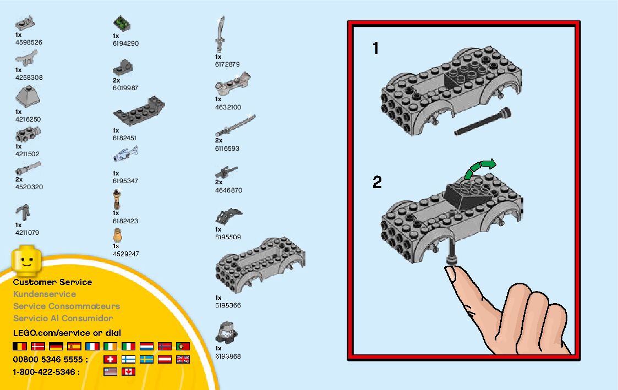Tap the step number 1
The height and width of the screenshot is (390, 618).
pos(376,49)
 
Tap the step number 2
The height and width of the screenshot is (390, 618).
pos(377,182)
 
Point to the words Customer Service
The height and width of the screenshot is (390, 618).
pos(52,282)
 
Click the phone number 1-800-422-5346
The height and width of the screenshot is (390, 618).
pos(46,372)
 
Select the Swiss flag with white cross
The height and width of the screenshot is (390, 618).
pos(110,359)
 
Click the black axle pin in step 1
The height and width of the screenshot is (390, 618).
pos(483,122)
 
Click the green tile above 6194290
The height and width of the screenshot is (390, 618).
pos(121,24)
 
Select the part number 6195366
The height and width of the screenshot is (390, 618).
pos(228,305)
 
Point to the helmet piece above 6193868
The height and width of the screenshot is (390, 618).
pos(226,332)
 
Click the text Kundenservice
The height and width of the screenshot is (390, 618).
pos(45,294)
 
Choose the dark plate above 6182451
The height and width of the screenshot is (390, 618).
pos(138,111)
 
